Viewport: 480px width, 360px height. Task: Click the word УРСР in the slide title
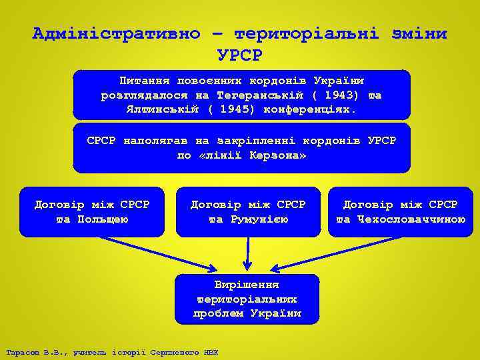[x=240, y=53]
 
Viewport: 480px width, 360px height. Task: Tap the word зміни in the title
[x=414, y=33]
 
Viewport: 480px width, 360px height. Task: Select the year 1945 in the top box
[x=231, y=108]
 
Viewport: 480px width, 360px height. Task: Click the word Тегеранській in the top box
[x=260, y=95]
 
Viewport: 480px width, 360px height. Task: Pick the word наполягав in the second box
[x=157, y=141]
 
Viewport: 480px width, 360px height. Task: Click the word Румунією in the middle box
[x=249, y=219]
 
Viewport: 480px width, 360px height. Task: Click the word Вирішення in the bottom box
[x=247, y=285]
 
